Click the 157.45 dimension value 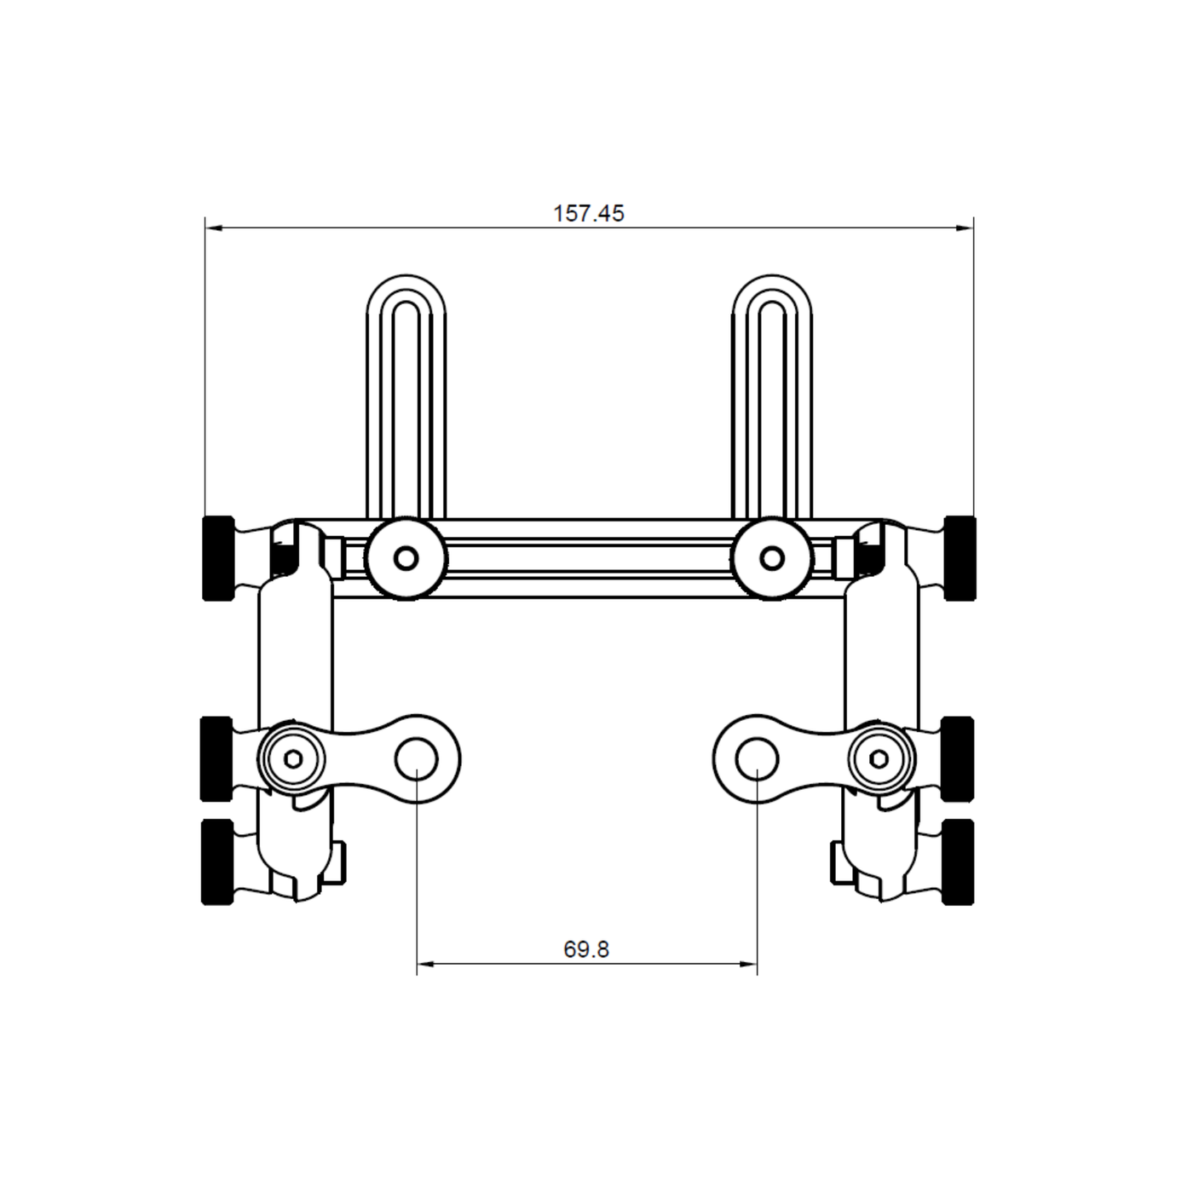(589, 213)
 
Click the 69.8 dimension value (586, 949)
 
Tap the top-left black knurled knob (218, 558)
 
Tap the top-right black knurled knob (960, 558)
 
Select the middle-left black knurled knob (216, 758)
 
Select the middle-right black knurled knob (958, 758)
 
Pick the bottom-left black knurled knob (216, 861)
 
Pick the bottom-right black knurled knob (958, 861)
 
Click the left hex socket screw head (292, 758)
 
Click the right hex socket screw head (880, 758)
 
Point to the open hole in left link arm (416, 758)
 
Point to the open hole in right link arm (757, 758)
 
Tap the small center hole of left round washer (406, 559)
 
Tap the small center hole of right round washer (772, 559)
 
